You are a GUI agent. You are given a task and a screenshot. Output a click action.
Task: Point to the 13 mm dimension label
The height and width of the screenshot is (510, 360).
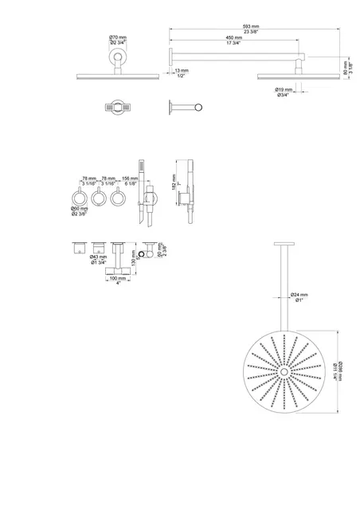(182, 69)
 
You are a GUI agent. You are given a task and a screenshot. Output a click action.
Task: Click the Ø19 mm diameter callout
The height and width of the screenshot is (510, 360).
(286, 90)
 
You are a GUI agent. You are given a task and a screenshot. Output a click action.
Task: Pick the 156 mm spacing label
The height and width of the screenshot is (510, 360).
(131, 179)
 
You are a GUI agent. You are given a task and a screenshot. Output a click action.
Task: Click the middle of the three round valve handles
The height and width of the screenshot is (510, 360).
(100, 197)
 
